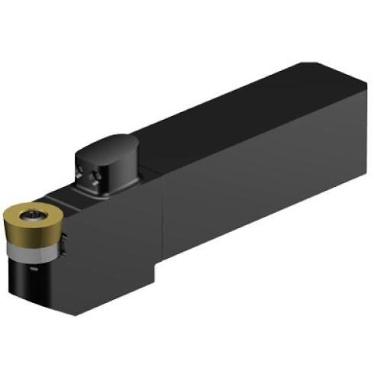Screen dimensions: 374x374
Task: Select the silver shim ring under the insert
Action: pyautogui.click(x=34, y=252)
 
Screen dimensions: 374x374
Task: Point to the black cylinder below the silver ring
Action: pyautogui.click(x=34, y=279)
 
